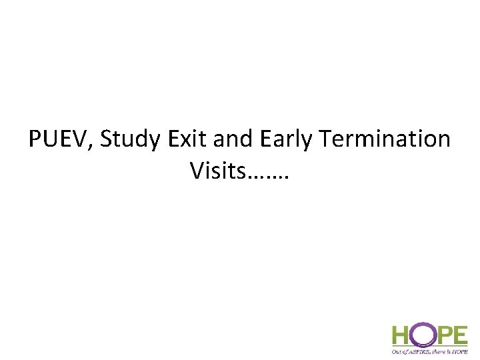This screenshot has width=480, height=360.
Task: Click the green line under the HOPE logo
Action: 430,345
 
